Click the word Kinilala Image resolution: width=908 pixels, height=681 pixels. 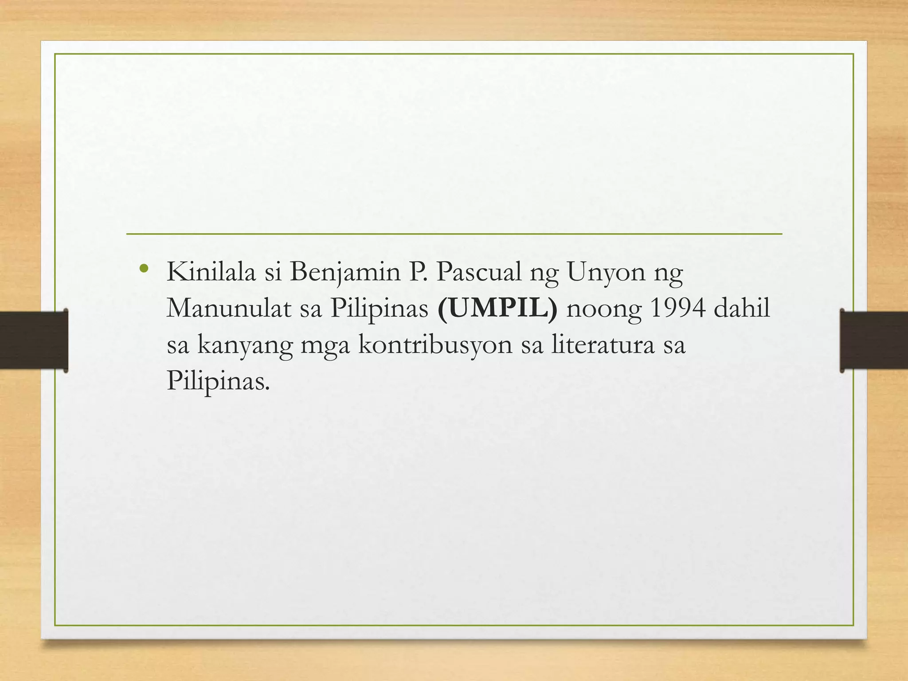pos(211,272)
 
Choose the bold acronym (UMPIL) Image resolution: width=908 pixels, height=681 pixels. pos(497,309)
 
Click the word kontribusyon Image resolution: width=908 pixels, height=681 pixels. pos(435,345)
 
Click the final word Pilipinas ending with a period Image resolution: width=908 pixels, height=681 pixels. pos(218,381)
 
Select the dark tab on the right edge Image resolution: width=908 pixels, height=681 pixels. pos(873,340)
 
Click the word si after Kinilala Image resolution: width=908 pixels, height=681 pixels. pos(273,272)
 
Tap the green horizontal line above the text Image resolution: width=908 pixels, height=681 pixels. pos(454,234)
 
